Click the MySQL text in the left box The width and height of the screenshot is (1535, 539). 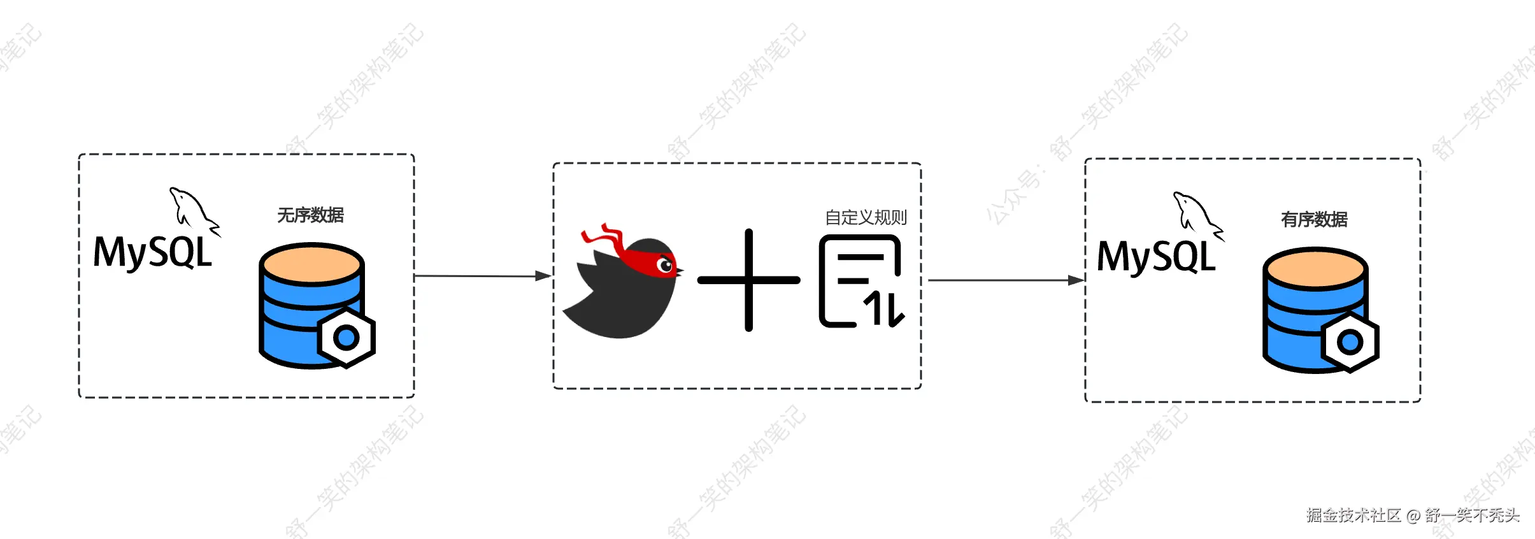click(x=153, y=252)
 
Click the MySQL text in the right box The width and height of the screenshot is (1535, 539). click(x=1156, y=257)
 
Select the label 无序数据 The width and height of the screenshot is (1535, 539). click(x=310, y=215)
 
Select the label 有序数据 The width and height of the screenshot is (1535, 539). click(x=1314, y=220)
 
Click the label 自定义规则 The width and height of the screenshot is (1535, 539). click(x=866, y=218)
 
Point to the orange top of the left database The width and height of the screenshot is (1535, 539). click(x=311, y=263)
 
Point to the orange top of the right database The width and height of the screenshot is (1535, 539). click(x=1315, y=268)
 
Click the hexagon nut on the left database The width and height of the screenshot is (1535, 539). click(x=346, y=337)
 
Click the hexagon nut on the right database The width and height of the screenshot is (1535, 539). click(x=1350, y=342)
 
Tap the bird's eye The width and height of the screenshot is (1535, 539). click(x=666, y=265)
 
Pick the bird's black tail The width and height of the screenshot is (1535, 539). click(x=583, y=312)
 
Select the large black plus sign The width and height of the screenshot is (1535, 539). click(x=749, y=280)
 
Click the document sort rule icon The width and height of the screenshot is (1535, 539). click(x=860, y=281)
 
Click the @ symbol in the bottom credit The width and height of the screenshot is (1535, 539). click(x=1413, y=515)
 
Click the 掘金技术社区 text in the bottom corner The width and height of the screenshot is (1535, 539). click(x=1353, y=515)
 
